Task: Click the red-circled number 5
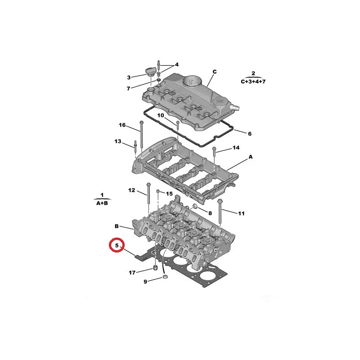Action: point(117,245)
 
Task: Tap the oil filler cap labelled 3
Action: point(150,72)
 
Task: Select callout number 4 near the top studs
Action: point(176,64)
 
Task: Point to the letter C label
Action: point(215,72)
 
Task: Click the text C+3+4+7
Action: point(253,81)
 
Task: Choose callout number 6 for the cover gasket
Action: point(250,134)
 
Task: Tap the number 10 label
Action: point(161,115)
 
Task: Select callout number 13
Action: point(118,141)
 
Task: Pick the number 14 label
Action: point(236,148)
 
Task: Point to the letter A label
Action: point(251,157)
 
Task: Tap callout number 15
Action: point(169,194)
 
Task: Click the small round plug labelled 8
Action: point(195,207)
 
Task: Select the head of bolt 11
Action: point(220,201)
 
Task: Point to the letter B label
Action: point(117,226)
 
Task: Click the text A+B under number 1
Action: point(102,203)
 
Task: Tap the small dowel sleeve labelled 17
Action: point(155,268)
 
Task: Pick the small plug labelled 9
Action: point(165,277)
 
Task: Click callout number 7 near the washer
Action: point(129,88)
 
